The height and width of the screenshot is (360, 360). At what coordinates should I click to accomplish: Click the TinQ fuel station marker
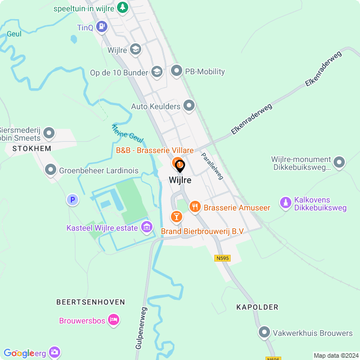pos(101,26)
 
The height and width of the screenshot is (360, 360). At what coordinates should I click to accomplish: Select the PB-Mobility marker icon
pos(177,71)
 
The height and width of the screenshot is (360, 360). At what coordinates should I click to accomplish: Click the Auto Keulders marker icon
pos(188,106)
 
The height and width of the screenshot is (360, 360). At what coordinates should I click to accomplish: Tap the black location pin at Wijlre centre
pos(180,166)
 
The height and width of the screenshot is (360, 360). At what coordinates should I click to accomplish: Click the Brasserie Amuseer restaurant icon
pos(195,207)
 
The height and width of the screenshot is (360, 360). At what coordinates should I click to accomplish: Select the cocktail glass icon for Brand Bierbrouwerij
pos(176,217)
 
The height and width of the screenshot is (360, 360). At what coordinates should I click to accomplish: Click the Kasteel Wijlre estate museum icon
pos(147,227)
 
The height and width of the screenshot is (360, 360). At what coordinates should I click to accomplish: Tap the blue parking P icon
pos(71,199)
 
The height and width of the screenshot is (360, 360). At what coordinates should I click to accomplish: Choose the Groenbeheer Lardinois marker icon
pos(51,169)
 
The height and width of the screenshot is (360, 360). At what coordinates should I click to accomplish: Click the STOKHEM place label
pos(28,148)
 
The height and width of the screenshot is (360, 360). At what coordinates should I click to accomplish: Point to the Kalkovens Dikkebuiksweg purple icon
pos(285,202)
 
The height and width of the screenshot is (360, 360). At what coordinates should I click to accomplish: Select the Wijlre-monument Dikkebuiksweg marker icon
pos(339,163)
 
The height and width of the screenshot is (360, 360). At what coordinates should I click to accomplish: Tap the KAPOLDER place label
pos(258,307)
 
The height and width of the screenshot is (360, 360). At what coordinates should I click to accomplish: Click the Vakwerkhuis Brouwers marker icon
pos(264,333)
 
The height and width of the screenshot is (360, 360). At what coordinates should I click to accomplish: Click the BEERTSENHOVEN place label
pos(86,301)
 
